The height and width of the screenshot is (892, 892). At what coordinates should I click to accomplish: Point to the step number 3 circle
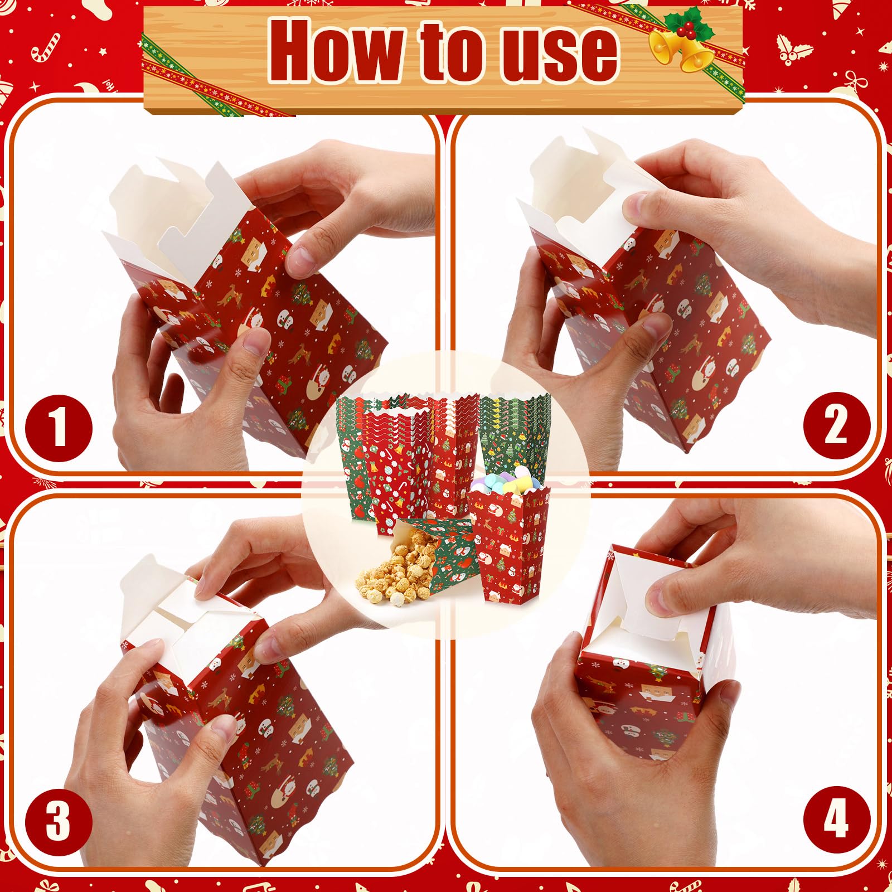[x=59, y=821]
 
